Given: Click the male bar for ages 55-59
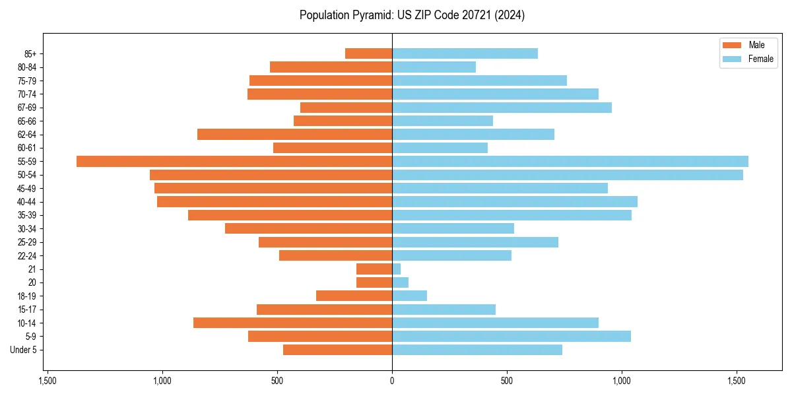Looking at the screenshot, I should [234, 161].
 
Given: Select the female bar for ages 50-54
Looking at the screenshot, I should [568, 175].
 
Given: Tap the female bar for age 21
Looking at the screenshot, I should [397, 269].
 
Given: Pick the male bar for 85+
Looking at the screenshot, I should [368, 53].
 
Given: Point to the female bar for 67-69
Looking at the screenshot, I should [502, 108].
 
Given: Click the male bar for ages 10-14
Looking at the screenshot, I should [292, 323].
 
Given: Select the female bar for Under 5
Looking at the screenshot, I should [477, 350].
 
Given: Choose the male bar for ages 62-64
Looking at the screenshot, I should [294, 135].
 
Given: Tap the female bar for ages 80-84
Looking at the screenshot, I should [434, 67].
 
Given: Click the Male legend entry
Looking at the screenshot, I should [756, 45].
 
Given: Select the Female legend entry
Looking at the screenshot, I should [760, 59].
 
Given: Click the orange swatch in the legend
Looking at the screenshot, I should [733, 45].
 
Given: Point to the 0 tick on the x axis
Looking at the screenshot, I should [392, 381].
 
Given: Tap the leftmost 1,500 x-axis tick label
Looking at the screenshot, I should [47, 381].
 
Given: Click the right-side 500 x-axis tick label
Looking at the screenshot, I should [507, 381].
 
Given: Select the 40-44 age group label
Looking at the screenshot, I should [27, 202].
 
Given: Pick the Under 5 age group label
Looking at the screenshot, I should [23, 350].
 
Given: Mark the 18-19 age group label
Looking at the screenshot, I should [27, 296].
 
